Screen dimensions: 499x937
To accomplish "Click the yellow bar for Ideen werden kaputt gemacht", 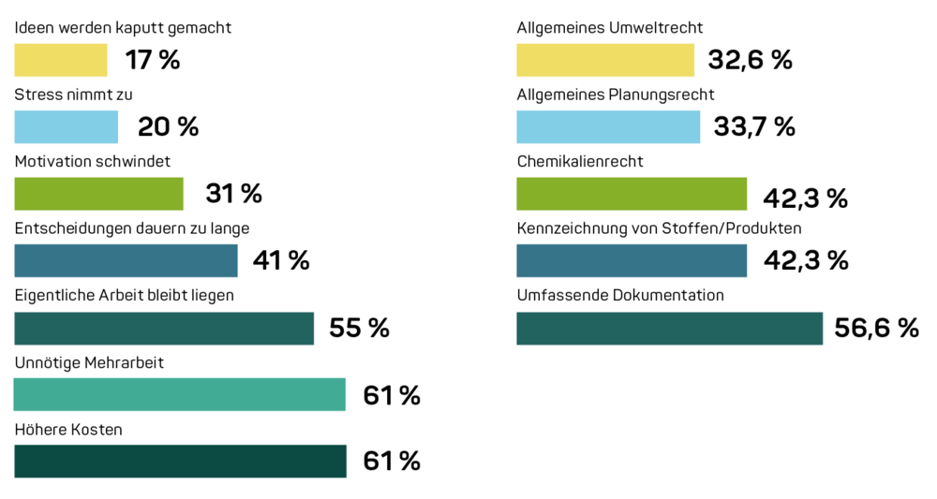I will point(61,60).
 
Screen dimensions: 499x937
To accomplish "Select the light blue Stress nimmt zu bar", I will point(67,127).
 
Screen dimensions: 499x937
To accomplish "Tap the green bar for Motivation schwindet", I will point(99,194).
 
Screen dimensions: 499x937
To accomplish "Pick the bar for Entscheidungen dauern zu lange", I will point(126,260).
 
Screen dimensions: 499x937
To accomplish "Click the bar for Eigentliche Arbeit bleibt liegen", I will point(164,328).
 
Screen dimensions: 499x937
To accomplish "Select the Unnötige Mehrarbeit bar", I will point(180,394).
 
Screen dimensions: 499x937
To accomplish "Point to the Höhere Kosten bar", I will point(180,461).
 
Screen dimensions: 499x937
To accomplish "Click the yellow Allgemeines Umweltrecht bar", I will point(605,60).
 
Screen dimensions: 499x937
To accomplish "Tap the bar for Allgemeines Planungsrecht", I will point(608,127).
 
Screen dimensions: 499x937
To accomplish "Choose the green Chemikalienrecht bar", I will point(632,194).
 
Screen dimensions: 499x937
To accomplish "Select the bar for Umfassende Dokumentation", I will point(670,328).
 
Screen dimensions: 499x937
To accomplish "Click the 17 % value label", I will point(152,61).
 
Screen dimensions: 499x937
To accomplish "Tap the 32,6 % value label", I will point(750,61).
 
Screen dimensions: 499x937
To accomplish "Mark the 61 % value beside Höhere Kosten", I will point(392,462).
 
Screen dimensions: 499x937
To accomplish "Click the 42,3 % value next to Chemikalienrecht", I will point(805,198).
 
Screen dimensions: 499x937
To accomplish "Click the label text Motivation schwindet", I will point(92,161).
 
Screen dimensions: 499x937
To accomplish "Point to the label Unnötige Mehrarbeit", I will point(89,362).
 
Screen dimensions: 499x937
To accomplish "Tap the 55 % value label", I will point(358,329).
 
